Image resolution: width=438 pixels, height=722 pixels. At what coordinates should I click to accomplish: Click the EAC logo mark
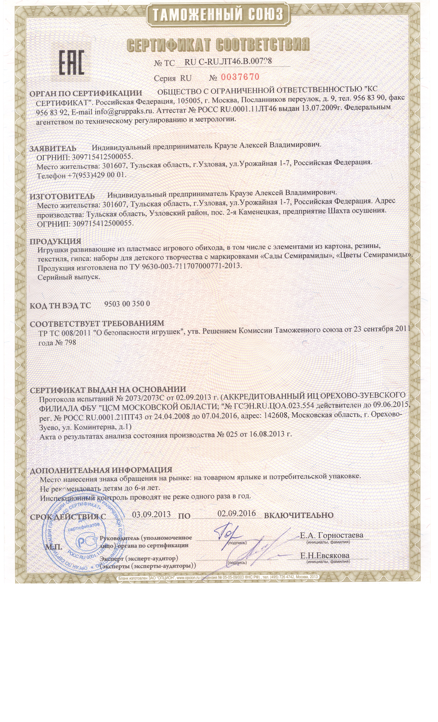(72, 62)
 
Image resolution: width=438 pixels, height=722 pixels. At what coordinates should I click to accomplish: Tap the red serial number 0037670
(240, 77)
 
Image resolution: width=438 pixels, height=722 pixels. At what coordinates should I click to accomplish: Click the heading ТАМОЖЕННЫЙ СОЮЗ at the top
(218, 14)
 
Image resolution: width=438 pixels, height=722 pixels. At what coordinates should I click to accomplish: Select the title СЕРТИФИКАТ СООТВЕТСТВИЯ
(218, 45)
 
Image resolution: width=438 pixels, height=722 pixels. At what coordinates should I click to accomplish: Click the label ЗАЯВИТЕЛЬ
(53, 148)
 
